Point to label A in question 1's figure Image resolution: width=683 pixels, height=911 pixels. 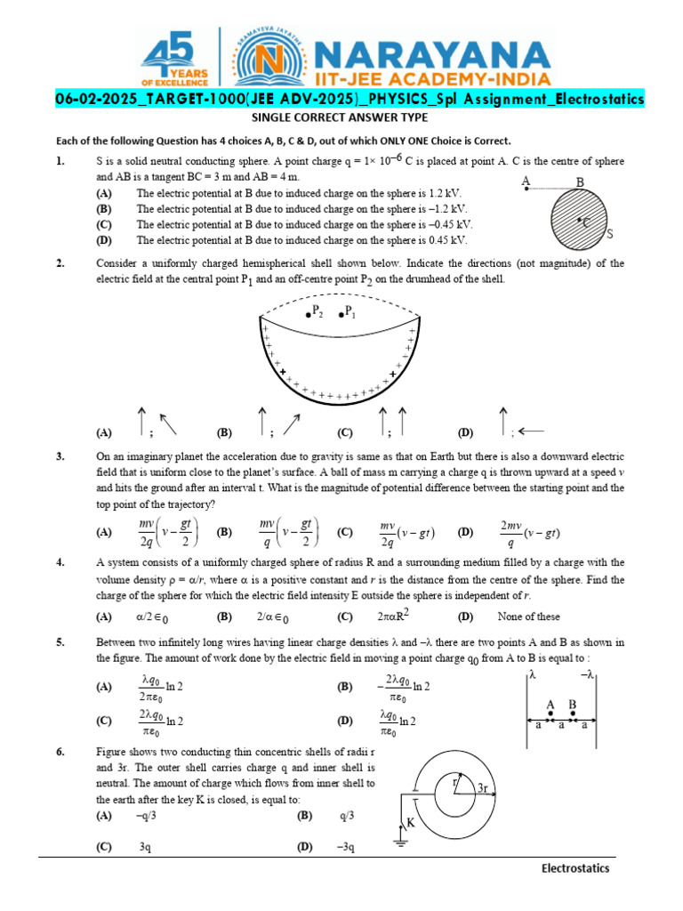pyautogui.click(x=526, y=181)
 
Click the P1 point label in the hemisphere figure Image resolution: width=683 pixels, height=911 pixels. pyautogui.click(x=349, y=313)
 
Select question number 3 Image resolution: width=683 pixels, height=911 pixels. pyautogui.click(x=60, y=456)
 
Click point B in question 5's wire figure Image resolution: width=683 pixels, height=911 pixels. pyautogui.click(x=573, y=705)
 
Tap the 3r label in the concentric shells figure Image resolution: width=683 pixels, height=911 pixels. pyautogui.click(x=483, y=788)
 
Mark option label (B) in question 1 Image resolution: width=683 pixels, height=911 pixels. pyautogui.click(x=104, y=208)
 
